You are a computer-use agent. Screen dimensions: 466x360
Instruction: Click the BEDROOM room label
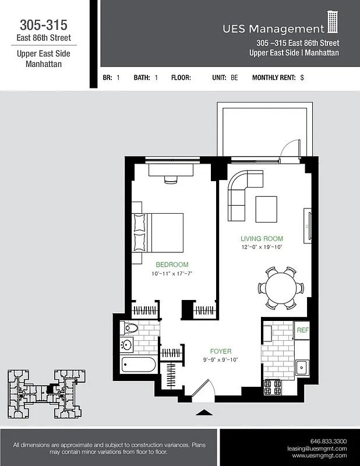(x=171, y=264)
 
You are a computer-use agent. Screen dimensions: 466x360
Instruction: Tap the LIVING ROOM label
(x=262, y=238)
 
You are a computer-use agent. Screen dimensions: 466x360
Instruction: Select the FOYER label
(x=221, y=351)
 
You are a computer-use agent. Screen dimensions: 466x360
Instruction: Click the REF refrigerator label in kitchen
(x=302, y=330)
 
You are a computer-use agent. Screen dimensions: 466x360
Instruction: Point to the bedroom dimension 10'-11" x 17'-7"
(x=171, y=273)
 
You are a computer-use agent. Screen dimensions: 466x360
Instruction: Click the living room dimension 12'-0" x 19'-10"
(x=262, y=247)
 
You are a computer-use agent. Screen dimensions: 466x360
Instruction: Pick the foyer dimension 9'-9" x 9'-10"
(x=221, y=359)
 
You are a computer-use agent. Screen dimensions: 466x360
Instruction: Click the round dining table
(x=281, y=288)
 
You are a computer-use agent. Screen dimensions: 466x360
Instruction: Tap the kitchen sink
(x=302, y=367)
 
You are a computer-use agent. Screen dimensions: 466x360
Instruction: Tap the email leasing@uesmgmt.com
(x=317, y=449)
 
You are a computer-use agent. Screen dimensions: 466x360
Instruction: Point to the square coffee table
(x=266, y=209)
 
